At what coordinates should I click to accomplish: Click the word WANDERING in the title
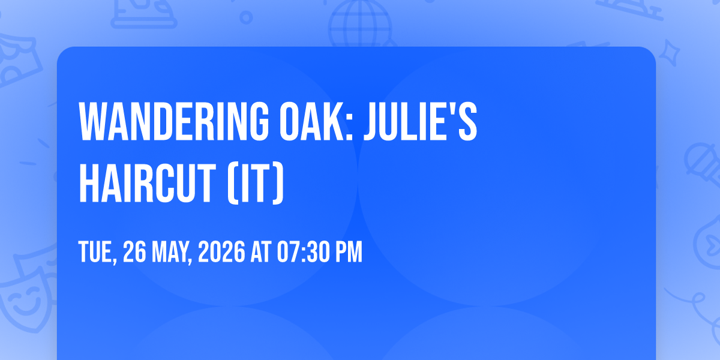[173, 121]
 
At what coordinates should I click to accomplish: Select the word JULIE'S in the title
[421, 121]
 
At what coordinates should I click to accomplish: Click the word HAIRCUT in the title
[147, 183]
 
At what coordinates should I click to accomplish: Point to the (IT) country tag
[256, 184]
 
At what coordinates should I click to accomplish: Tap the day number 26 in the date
[134, 251]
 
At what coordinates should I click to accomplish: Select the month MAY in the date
[172, 252]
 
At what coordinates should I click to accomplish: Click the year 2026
[221, 251]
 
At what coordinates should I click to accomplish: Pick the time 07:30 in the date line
[303, 251]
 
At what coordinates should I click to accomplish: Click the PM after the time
[349, 251]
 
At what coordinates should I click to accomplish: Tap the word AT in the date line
[260, 251]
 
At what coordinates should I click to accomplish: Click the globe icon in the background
[360, 23]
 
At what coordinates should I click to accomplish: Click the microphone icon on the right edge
[703, 164]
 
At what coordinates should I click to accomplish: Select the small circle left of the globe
[246, 17]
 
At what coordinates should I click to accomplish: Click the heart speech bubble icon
[709, 242]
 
